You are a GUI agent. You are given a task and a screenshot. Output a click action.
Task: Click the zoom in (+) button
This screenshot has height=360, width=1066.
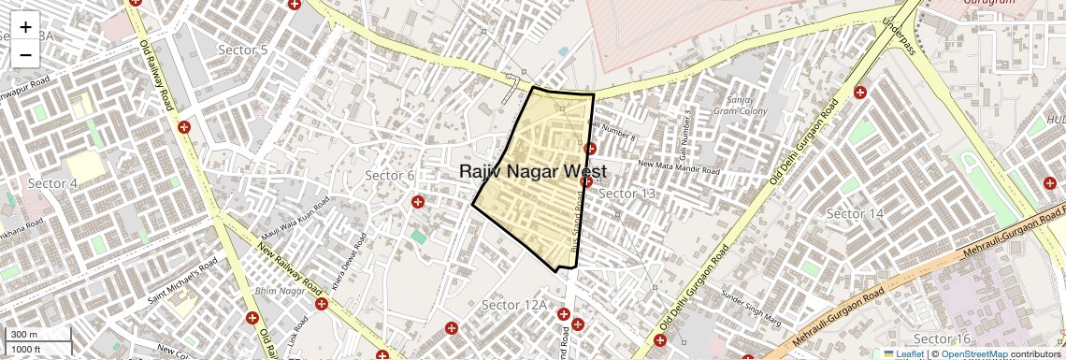click(x=25, y=27)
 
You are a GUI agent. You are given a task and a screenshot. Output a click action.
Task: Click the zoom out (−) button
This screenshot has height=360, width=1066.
click(x=25, y=55)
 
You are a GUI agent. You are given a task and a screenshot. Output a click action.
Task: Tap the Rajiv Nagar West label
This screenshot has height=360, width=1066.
click(x=533, y=172)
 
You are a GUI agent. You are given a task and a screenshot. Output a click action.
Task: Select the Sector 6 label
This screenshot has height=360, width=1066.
click(x=389, y=176)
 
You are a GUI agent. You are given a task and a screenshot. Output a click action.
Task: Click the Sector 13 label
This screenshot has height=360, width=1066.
click(x=627, y=194)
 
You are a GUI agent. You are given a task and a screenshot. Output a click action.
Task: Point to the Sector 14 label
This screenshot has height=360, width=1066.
click(x=855, y=214)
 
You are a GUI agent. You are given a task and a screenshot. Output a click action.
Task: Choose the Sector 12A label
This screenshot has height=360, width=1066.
click(x=513, y=306)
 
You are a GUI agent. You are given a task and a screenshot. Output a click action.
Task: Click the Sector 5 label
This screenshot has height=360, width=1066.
click(x=242, y=50)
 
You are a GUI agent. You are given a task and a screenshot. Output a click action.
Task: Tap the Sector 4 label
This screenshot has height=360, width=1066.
click(x=52, y=183)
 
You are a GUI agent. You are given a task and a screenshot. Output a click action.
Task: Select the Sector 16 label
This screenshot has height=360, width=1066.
click(x=942, y=338)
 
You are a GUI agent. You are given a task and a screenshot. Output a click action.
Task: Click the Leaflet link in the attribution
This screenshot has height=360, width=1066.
click(x=904, y=353)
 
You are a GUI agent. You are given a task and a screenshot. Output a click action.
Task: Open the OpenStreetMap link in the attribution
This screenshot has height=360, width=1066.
click(x=973, y=353)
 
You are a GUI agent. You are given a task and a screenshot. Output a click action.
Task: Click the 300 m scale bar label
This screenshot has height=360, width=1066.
click(x=24, y=335)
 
